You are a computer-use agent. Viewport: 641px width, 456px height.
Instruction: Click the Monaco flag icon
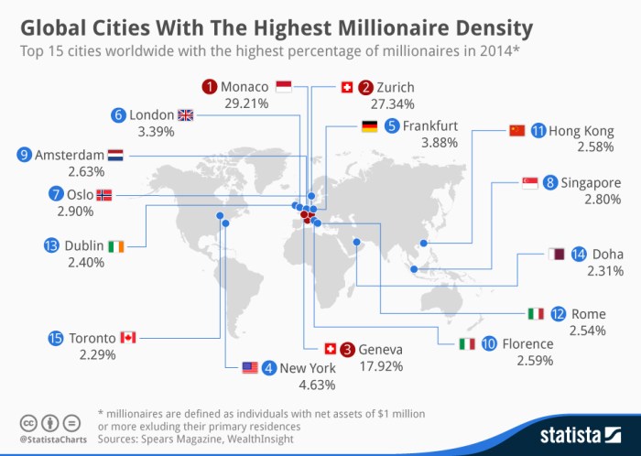[283, 87]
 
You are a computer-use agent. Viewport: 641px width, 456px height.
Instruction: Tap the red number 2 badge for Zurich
[365, 87]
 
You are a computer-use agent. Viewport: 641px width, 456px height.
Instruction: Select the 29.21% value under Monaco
[245, 103]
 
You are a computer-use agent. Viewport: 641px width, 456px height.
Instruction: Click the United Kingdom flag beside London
[186, 114]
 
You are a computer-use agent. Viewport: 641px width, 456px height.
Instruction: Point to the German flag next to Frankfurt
[370, 126]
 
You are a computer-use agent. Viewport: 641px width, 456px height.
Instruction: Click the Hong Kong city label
[581, 131]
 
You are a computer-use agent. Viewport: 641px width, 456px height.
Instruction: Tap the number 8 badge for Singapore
[550, 182]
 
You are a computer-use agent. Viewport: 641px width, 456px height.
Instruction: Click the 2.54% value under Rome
[588, 329]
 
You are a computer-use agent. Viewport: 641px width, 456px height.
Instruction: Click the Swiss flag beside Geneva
[331, 349]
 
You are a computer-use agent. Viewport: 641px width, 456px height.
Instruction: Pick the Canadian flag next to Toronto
[127, 338]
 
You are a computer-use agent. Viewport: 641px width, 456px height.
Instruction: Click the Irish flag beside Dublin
[114, 245]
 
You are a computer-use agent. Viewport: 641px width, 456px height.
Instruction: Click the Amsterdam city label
[69, 155]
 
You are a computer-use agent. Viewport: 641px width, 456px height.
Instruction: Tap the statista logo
[575, 431]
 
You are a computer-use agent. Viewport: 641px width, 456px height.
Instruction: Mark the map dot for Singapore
[414, 268]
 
